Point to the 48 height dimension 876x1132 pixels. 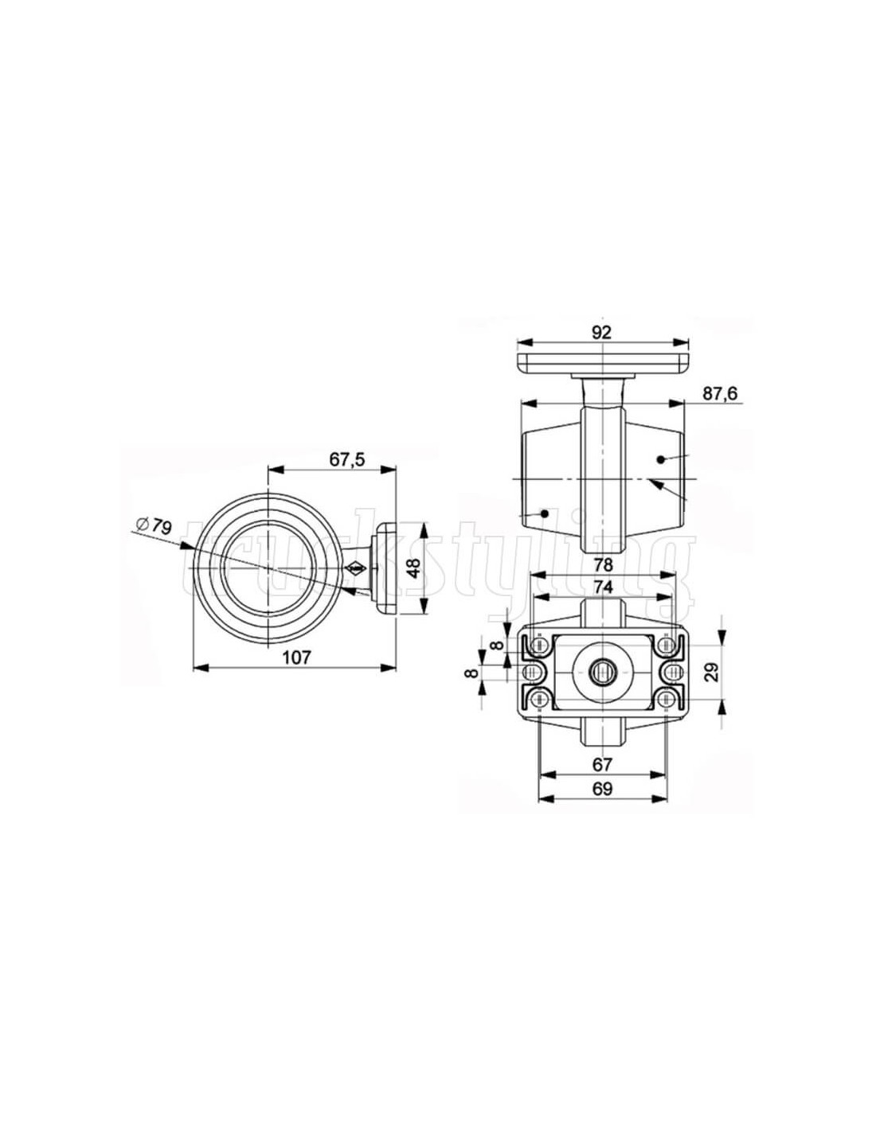[414, 568]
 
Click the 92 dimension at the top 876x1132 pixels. [600, 333]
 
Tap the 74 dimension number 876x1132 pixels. [602, 587]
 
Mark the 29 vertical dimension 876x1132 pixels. [713, 672]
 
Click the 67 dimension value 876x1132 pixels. [602, 764]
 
